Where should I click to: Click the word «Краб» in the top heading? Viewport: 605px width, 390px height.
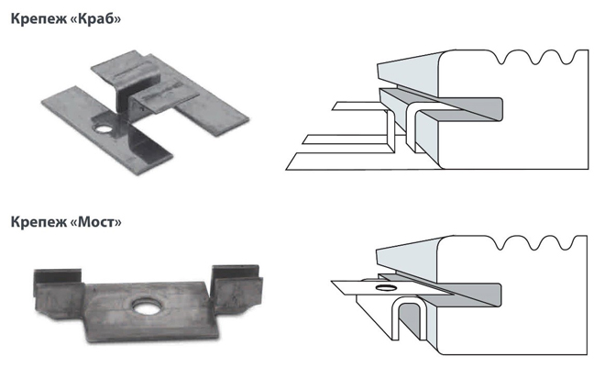tap(97, 18)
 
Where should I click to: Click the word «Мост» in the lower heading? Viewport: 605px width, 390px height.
tap(97, 222)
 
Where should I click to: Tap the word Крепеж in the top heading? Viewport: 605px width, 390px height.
tap(38, 18)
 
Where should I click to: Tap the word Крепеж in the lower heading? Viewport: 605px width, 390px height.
tap(38, 222)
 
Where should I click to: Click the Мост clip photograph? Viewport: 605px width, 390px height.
tap(147, 298)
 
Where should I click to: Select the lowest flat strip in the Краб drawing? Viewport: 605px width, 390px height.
tap(330, 162)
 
